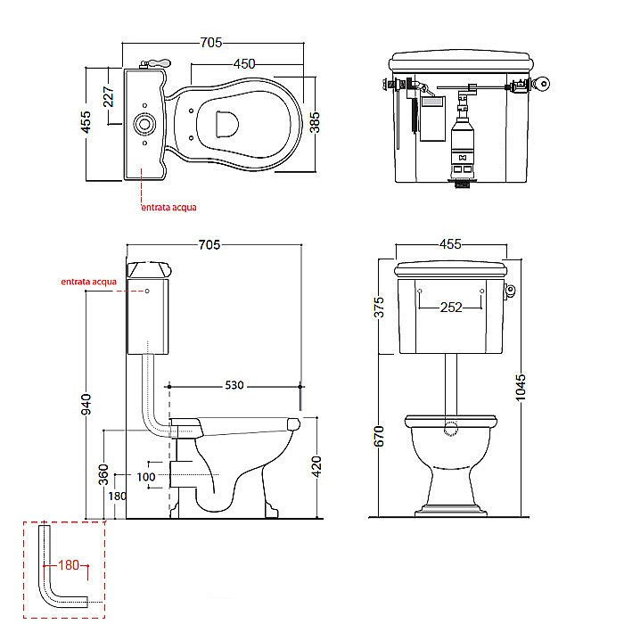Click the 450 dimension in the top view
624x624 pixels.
pos(244,63)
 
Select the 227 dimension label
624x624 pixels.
pos(108,96)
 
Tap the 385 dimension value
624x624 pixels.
pos(315,122)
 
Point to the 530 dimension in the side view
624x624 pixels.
pos(234,385)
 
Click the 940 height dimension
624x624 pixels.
pos(86,404)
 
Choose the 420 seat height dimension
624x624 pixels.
pos(316,466)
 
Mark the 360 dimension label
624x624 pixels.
pos(103,474)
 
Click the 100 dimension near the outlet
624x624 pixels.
pos(145,477)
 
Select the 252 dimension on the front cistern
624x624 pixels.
pos(451,308)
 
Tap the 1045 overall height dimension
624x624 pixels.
pos(520,387)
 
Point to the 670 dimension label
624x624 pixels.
pos(379,436)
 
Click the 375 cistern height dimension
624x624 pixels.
pos(379,307)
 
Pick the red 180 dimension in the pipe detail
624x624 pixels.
pos(69,564)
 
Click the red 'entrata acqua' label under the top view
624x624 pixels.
pos(169,207)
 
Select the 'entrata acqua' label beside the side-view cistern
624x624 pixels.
pos(89,282)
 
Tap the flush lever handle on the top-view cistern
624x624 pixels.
pos(156,63)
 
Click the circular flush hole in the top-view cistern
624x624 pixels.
pos(144,124)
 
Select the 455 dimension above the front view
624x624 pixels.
pos(450,244)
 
